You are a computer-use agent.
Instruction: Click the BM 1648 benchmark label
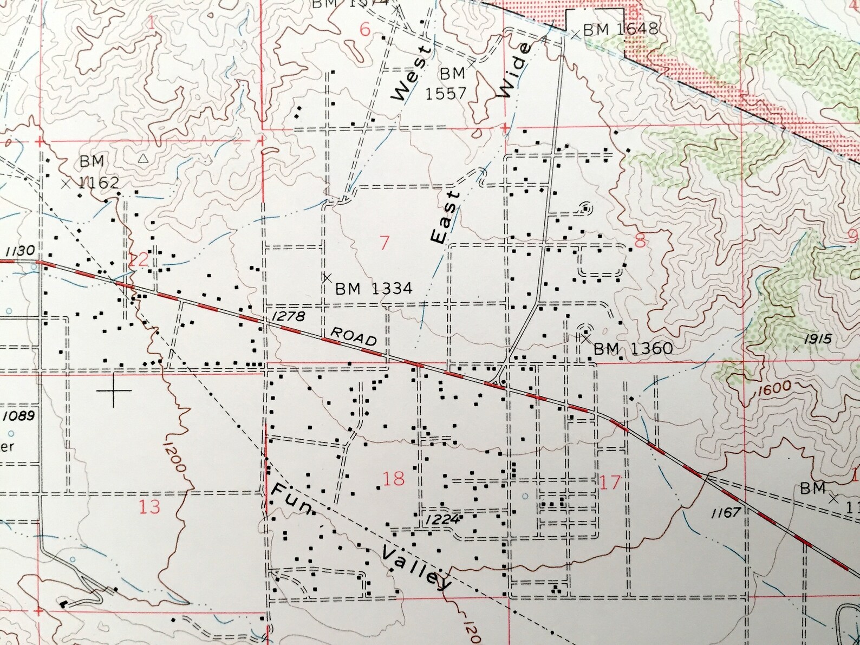pos(620,29)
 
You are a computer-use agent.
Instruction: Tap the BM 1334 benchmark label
pos(374,289)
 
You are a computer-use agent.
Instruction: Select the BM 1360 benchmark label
pos(633,348)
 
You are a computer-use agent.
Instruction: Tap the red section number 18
pos(393,479)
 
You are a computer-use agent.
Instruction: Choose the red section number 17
pos(610,481)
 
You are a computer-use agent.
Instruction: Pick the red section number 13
pos(149,507)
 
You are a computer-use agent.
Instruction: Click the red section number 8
pos(640,241)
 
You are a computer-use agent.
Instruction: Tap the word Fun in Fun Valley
pos(291,501)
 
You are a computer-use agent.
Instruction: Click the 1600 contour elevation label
pos(775,388)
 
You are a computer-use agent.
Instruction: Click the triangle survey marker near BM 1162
pos(142,159)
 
